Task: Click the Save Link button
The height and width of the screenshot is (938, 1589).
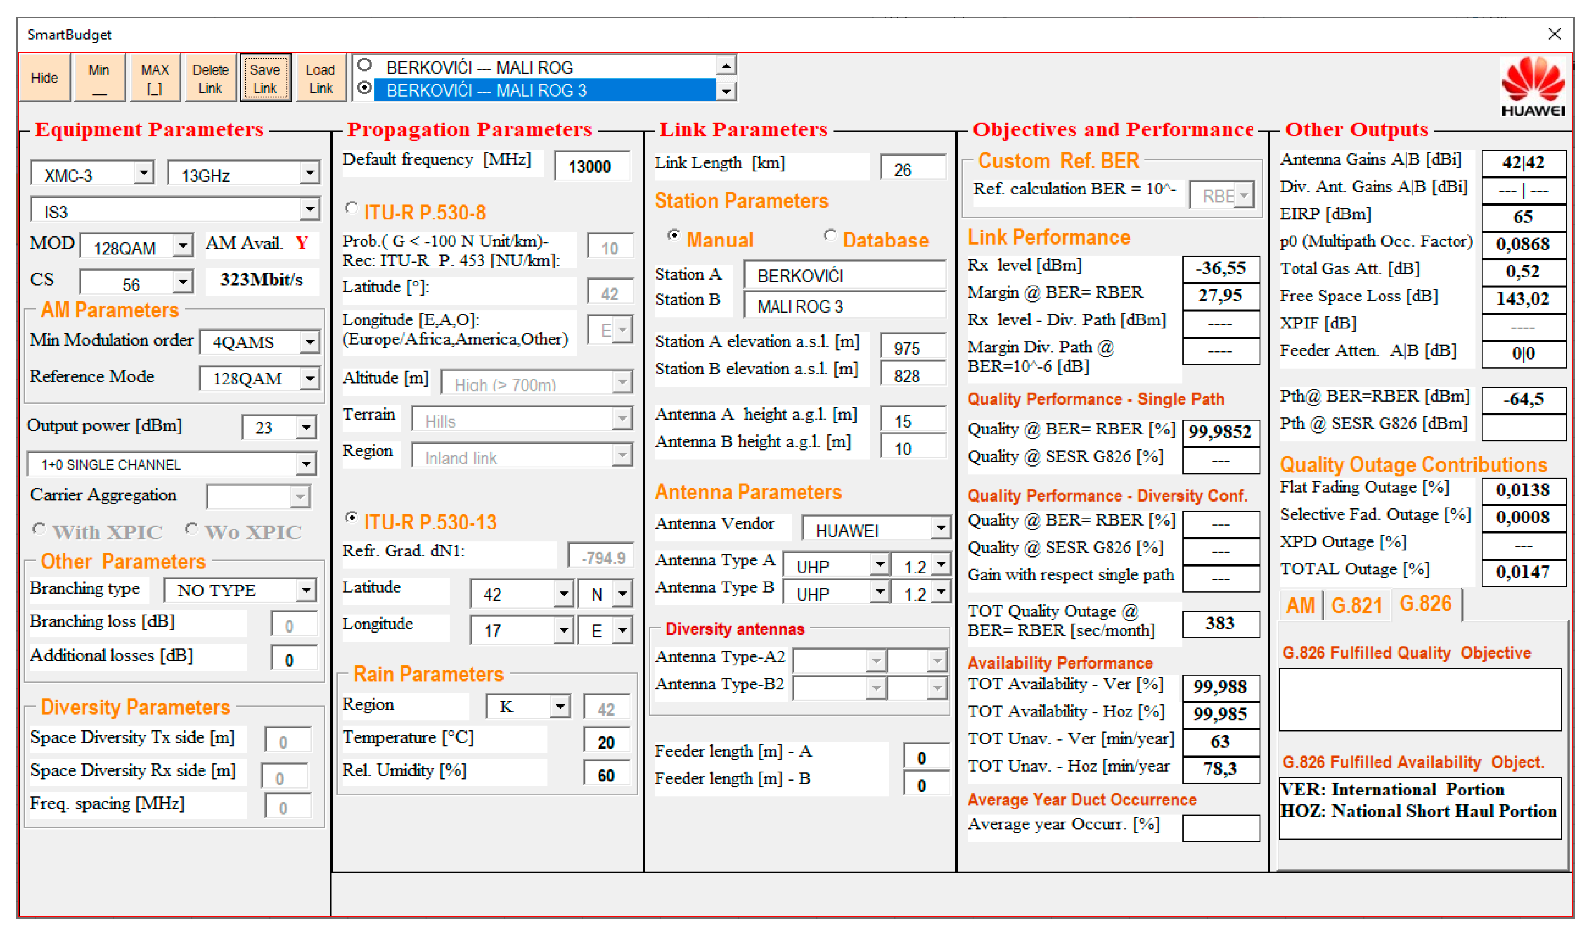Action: pos(265,78)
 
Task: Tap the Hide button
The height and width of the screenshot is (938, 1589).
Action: pos(44,78)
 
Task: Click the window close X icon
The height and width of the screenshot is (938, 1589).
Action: pos(1554,34)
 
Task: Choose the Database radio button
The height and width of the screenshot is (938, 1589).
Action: pos(830,235)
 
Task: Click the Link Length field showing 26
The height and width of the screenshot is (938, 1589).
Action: pos(913,169)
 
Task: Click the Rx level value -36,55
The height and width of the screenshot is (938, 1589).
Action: pos(1220,268)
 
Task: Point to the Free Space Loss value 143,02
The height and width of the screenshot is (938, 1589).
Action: pos(1523,298)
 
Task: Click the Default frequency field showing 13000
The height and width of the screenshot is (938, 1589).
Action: pos(591,166)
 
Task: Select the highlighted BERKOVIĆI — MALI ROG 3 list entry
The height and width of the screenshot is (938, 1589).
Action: pos(544,90)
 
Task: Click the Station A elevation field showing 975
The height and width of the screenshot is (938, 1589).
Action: pos(913,348)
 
